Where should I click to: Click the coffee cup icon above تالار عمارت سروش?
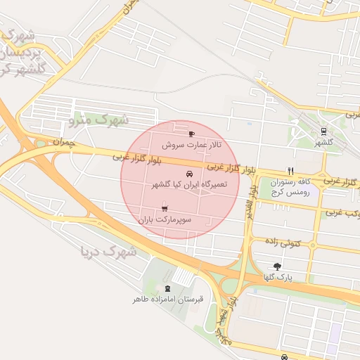pyautogui.click(x=191, y=133)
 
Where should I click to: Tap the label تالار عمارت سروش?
pyautogui.click(x=191, y=144)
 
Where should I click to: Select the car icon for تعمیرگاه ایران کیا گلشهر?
pyautogui.click(x=188, y=173)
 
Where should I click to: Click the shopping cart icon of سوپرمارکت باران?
pyautogui.click(x=165, y=208)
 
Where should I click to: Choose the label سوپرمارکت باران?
pyautogui.click(x=165, y=219)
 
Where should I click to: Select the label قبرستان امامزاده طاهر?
pyautogui.click(x=168, y=299)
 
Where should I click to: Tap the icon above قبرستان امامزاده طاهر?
pyautogui.click(x=167, y=288)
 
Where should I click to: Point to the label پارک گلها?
pyautogui.click(x=278, y=278)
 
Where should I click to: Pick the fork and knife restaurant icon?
pyautogui.click(x=290, y=171)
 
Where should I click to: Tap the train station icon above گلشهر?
pyautogui.click(x=323, y=131)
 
